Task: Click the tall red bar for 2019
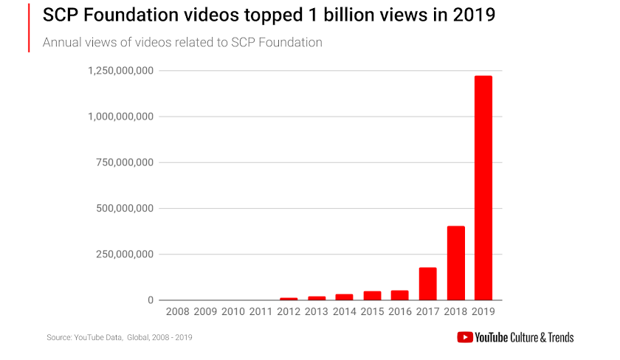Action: pyautogui.click(x=483, y=188)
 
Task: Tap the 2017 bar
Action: pyautogui.click(x=427, y=284)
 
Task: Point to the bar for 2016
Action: pyautogui.click(x=399, y=295)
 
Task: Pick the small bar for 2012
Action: pyautogui.click(x=289, y=299)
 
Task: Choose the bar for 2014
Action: pyautogui.click(x=344, y=297)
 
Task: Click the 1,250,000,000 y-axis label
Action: pyautogui.click(x=120, y=71)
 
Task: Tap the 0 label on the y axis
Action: pyautogui.click(x=150, y=300)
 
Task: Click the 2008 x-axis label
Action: pyautogui.click(x=178, y=313)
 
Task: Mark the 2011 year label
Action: pyautogui.click(x=261, y=313)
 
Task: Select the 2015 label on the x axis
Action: pyautogui.click(x=371, y=313)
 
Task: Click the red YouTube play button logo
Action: pyautogui.click(x=465, y=337)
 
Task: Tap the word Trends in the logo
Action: pyautogui.click(x=557, y=337)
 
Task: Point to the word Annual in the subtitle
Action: pyautogui.click(x=61, y=42)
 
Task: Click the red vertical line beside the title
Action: pyautogui.click(x=29, y=27)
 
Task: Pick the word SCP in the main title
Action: pyautogui.click(x=61, y=15)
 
